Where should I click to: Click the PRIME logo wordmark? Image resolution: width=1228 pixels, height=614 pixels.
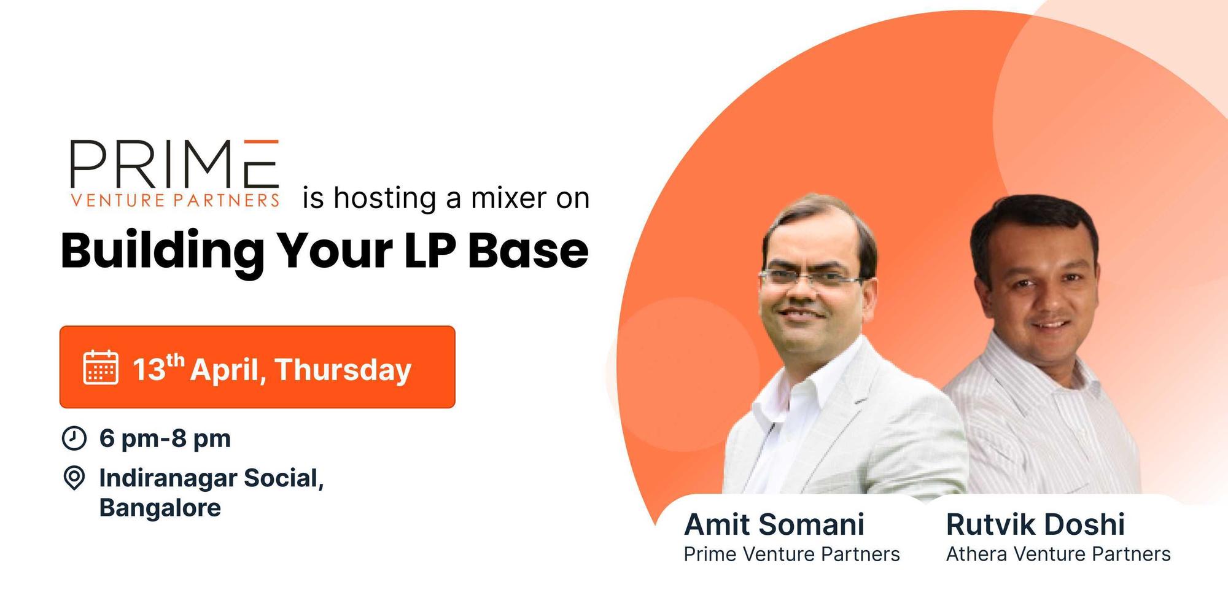(174, 164)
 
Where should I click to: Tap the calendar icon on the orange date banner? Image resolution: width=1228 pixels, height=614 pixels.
(101, 367)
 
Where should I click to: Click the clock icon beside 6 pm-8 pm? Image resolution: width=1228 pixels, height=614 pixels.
(74, 438)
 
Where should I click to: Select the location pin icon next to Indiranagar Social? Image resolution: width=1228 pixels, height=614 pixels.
(74, 478)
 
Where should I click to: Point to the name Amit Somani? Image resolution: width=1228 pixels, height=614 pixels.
(774, 524)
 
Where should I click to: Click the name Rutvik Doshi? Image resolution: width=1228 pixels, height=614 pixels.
(1035, 524)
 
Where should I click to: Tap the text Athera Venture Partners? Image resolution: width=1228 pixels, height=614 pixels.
(1058, 554)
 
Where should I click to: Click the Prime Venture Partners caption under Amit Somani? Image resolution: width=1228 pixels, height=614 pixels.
(791, 554)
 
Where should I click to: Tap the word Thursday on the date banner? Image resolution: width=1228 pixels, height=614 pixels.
(343, 370)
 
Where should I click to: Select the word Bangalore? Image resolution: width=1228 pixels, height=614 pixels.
(160, 508)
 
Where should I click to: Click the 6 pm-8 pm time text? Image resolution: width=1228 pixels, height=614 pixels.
(165, 438)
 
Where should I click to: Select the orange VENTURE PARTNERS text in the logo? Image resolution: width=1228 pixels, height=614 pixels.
(176, 200)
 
